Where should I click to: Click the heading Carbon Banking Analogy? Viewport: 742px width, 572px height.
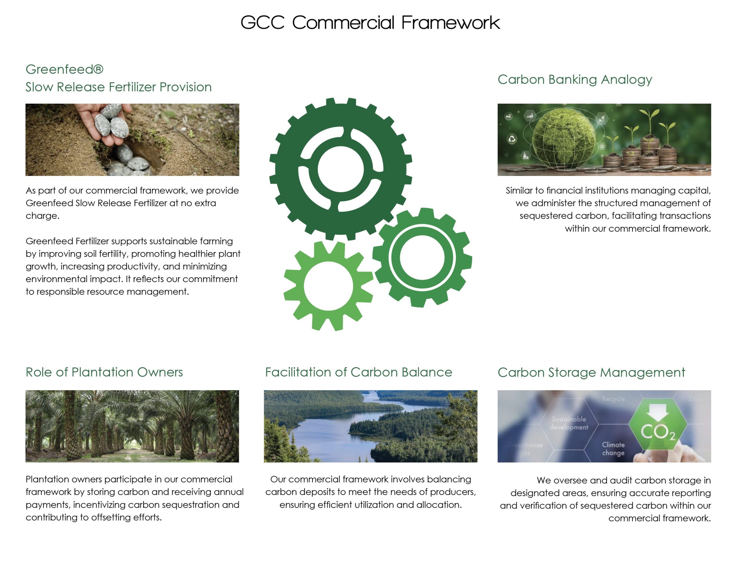tap(574, 80)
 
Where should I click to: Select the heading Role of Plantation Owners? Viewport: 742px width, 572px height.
tap(104, 372)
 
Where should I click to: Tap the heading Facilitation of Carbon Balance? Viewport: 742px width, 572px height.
tap(359, 372)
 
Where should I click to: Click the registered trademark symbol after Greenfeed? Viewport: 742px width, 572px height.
tap(98, 69)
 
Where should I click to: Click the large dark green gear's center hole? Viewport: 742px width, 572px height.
tap(341, 169)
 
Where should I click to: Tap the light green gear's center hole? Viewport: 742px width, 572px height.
tap(328, 286)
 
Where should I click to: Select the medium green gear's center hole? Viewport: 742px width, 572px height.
tap(422, 258)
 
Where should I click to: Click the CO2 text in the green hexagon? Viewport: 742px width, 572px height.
tap(658, 432)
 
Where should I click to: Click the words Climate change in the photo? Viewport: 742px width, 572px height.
tap(613, 449)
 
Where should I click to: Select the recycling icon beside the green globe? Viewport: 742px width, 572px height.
tap(512, 139)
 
